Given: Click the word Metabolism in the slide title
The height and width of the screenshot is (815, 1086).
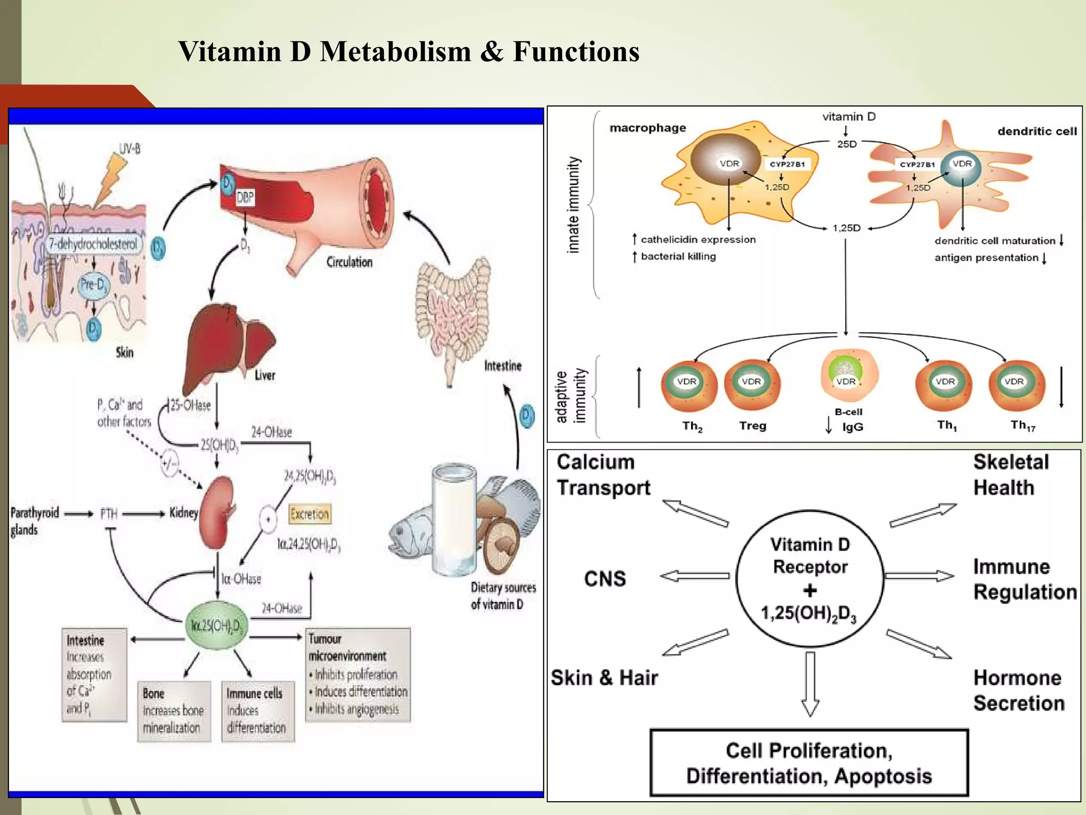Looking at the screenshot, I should [395, 52].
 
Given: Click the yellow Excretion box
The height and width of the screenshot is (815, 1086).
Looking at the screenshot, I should [310, 514].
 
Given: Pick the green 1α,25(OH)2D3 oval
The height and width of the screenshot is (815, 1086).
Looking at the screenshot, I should [216, 626].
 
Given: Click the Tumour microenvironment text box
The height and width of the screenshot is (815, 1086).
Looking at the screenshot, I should [358, 674].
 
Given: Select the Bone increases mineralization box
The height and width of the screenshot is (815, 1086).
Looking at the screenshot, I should [173, 710].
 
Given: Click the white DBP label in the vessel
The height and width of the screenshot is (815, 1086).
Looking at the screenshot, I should [245, 198].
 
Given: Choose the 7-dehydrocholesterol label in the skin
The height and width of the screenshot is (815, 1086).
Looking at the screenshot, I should [93, 244].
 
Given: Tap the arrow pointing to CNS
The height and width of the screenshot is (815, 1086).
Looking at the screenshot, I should [695, 576].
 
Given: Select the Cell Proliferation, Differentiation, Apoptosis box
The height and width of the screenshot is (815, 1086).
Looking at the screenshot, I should [809, 763].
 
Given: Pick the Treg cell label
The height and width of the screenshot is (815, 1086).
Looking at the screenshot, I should [752, 426].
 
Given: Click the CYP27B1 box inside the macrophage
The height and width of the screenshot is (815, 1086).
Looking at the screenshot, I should [787, 164].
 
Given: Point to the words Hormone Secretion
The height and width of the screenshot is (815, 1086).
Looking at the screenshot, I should [1019, 690].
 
